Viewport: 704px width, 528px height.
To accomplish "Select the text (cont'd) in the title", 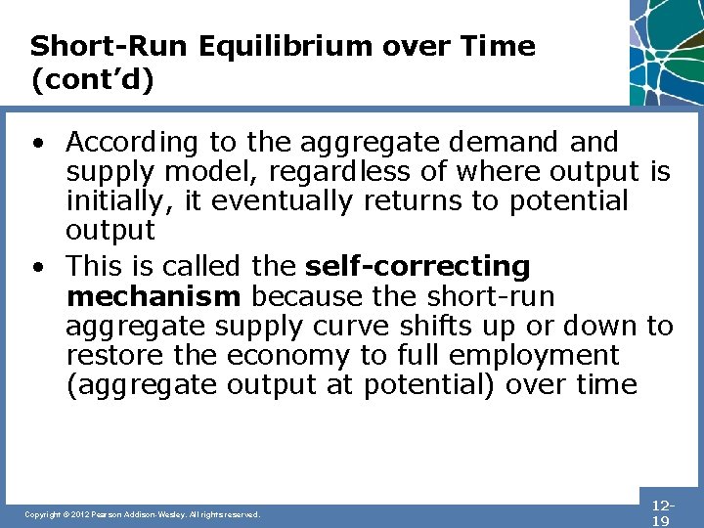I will [x=92, y=79].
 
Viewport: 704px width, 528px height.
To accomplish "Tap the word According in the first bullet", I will [x=131, y=143].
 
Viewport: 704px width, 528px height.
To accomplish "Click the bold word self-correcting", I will [x=418, y=266].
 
